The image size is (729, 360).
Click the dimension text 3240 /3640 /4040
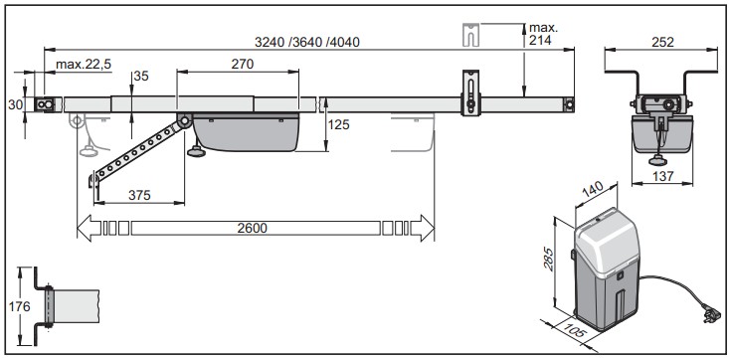tap(307, 43)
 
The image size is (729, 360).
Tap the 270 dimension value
tap(243, 64)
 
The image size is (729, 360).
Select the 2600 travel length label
tap(253, 229)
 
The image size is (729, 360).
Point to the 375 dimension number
tap(139, 195)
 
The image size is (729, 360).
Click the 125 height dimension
tap(338, 124)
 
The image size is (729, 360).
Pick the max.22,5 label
tap(84, 65)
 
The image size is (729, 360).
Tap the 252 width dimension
tap(662, 43)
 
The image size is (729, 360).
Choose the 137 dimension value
tap(662, 176)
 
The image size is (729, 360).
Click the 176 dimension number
tap(19, 306)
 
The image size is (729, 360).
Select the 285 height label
tap(549, 260)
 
